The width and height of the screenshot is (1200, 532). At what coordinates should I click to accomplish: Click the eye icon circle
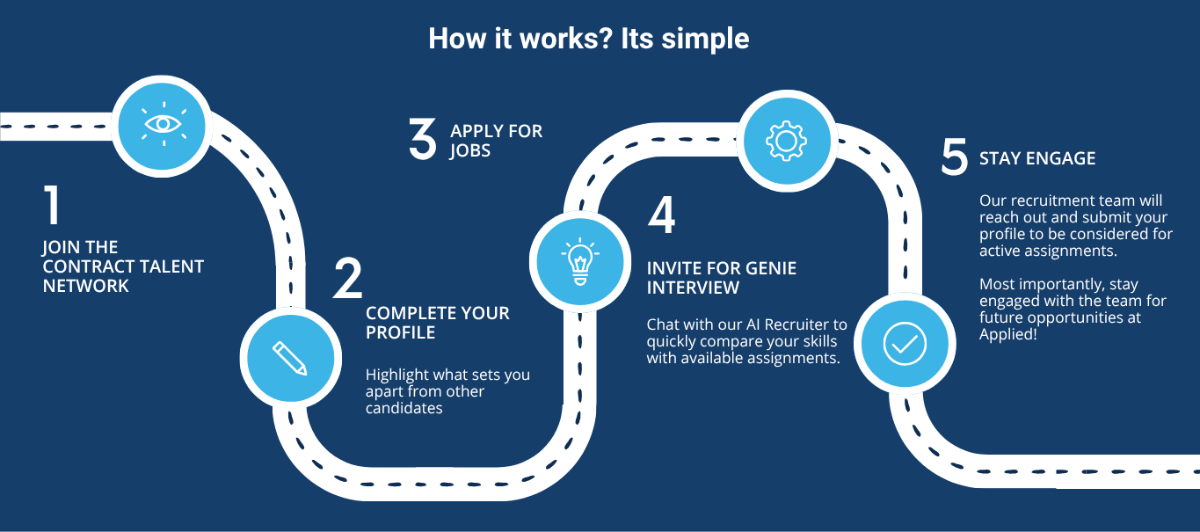click(x=163, y=125)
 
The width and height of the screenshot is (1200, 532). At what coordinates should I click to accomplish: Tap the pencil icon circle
click(x=289, y=357)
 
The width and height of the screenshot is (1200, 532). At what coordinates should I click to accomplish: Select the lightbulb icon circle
click(x=578, y=260)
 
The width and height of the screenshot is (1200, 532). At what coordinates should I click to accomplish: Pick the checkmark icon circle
click(x=905, y=343)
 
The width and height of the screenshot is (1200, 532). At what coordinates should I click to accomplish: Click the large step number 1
click(x=53, y=204)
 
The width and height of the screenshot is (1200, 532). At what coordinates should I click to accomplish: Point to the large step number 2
click(x=348, y=277)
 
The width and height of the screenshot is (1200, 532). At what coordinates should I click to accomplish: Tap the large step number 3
click(x=423, y=140)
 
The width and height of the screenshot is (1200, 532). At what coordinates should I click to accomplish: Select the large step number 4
click(x=661, y=215)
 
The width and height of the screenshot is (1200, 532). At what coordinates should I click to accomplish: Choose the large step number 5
click(x=954, y=158)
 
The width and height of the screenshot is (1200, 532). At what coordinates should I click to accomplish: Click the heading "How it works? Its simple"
click(x=588, y=40)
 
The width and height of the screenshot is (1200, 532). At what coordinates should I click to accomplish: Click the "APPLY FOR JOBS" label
click(x=496, y=141)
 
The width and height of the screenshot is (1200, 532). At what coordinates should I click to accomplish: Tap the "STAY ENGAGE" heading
click(x=1037, y=159)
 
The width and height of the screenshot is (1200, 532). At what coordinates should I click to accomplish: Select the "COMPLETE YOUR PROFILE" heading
click(x=437, y=323)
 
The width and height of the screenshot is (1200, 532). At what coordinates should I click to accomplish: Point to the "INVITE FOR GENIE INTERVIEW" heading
click(x=721, y=278)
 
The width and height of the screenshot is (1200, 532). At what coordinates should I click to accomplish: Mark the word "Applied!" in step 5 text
click(x=1008, y=335)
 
